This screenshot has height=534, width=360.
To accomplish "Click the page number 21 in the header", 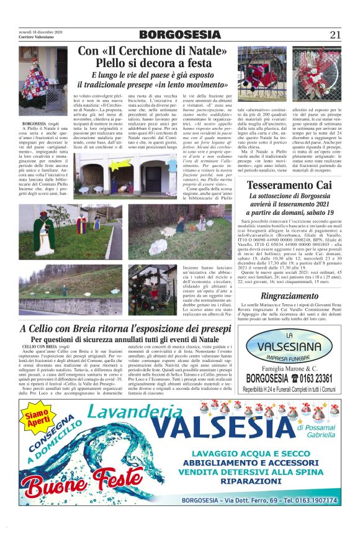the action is (336, 35).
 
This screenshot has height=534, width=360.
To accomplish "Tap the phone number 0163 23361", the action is (315, 379).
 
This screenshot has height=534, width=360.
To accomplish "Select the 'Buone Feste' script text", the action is (80, 481).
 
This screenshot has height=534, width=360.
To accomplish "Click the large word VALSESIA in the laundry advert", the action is (205, 428).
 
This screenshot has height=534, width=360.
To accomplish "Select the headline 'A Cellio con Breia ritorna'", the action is (74, 328).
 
